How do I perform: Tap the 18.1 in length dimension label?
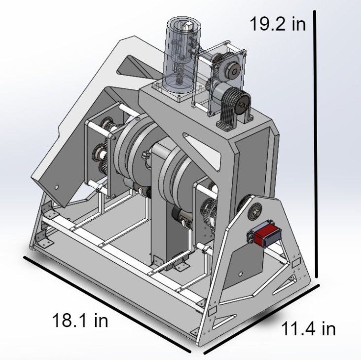[x=80, y=320]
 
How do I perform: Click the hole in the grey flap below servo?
[x=240, y=273]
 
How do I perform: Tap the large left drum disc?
[x=132, y=158]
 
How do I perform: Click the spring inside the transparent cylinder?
[x=182, y=74]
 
